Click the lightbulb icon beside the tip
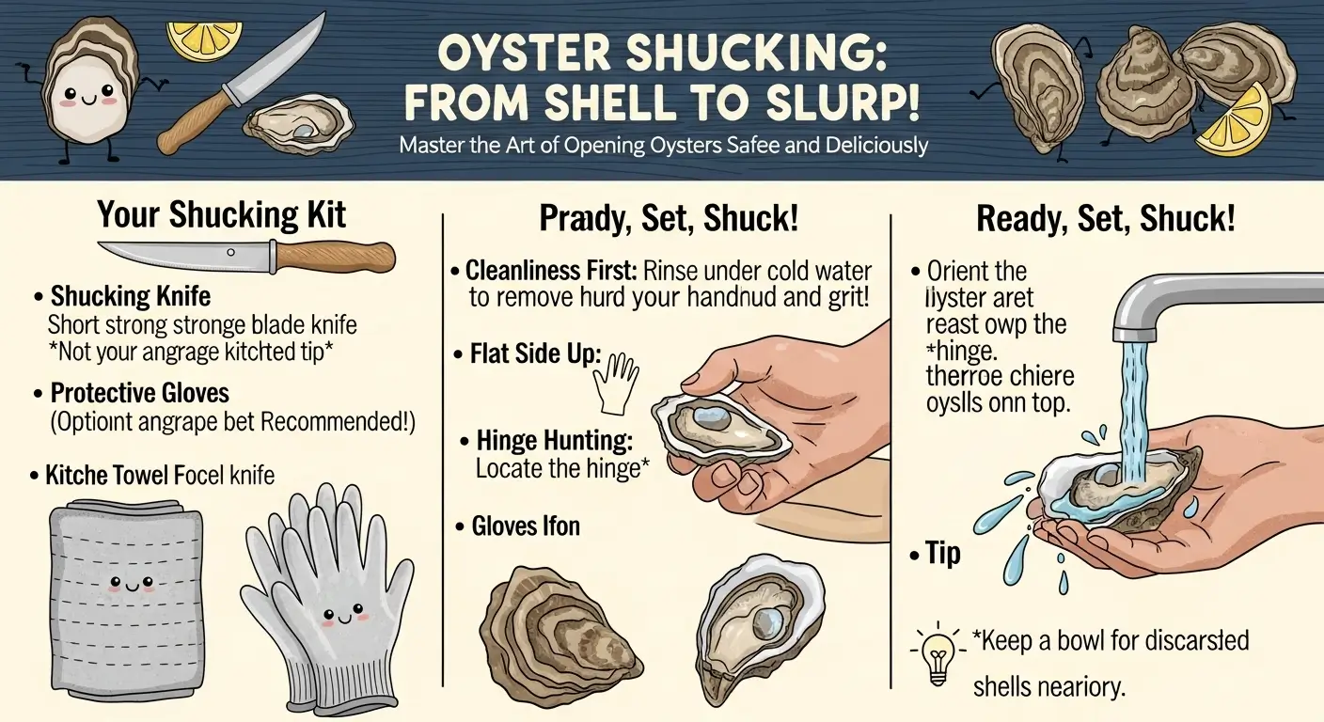pyautogui.click(x=938, y=650)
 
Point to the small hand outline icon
pyautogui.click(x=618, y=380)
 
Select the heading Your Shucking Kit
pyautogui.click(x=221, y=216)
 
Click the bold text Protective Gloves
pyautogui.click(x=140, y=392)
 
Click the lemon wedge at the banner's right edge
pyautogui.click(x=1234, y=121)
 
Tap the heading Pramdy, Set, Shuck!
pyautogui.click(x=669, y=220)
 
